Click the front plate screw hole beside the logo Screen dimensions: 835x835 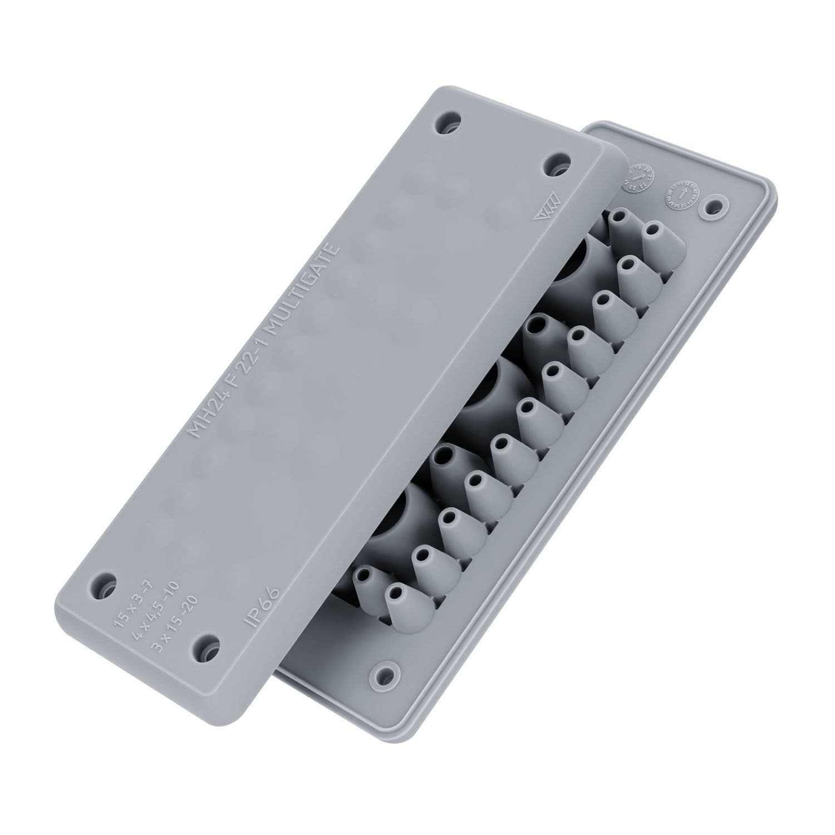(557, 165)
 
